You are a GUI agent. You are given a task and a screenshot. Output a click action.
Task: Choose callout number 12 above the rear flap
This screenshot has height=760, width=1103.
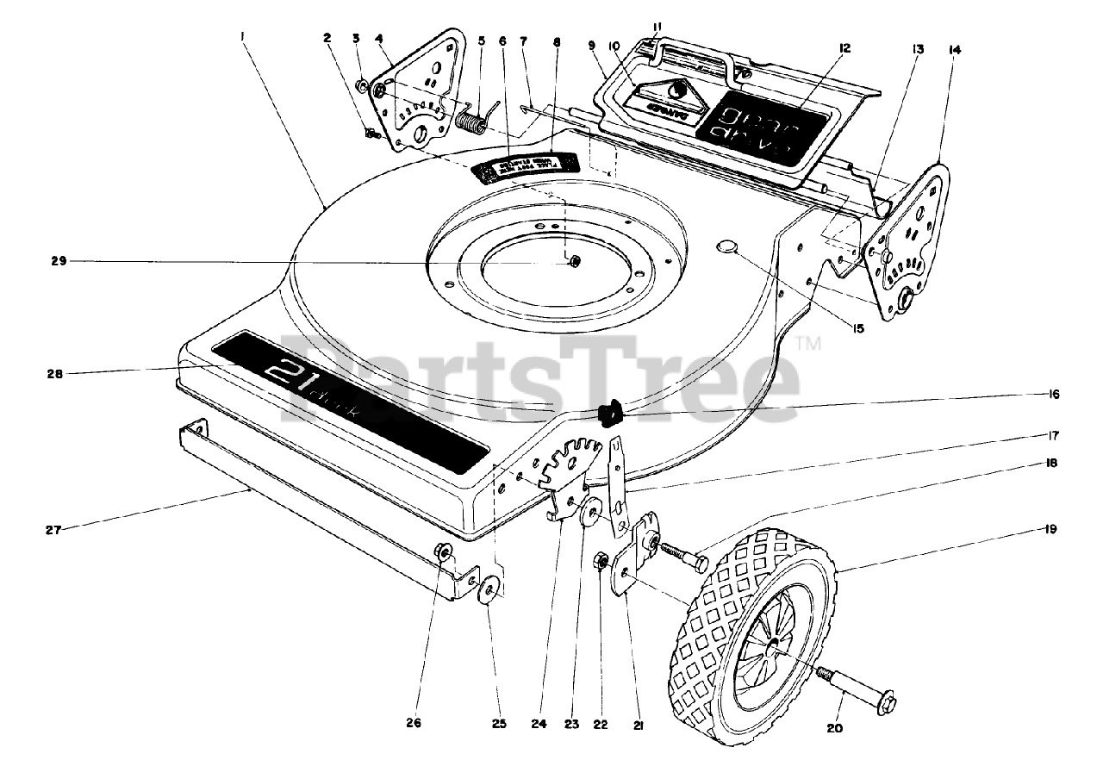(x=844, y=48)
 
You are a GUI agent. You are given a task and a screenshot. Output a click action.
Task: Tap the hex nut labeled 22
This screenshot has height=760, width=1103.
(x=597, y=564)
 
